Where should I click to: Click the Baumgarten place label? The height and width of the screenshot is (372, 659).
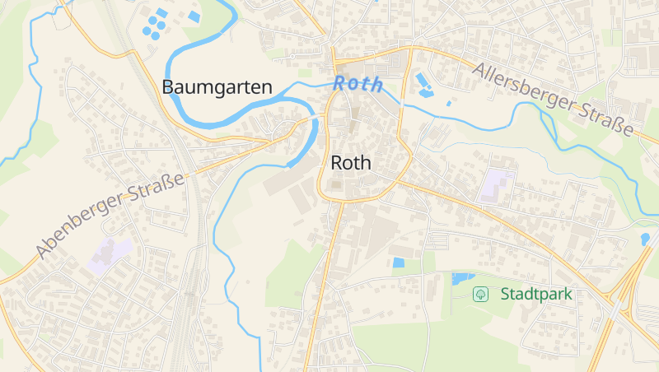[x=217, y=86]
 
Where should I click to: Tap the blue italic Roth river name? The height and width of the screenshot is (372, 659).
[x=358, y=84]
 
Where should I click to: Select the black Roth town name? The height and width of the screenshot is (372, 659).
[x=351, y=163]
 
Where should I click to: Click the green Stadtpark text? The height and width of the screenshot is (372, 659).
[x=535, y=294]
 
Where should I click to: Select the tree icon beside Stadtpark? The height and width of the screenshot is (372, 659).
[x=479, y=294]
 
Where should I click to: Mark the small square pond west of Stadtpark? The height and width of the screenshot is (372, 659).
[x=399, y=263]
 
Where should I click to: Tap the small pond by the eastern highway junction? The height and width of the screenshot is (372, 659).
[x=644, y=239]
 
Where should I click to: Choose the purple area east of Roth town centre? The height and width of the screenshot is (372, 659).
[x=497, y=185]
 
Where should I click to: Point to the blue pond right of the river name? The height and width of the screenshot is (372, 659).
[x=424, y=83]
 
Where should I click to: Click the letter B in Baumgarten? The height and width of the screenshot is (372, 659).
[x=168, y=86]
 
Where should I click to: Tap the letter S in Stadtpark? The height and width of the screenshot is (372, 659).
[x=505, y=294]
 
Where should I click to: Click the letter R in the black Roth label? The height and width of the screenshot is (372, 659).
[x=336, y=163]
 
